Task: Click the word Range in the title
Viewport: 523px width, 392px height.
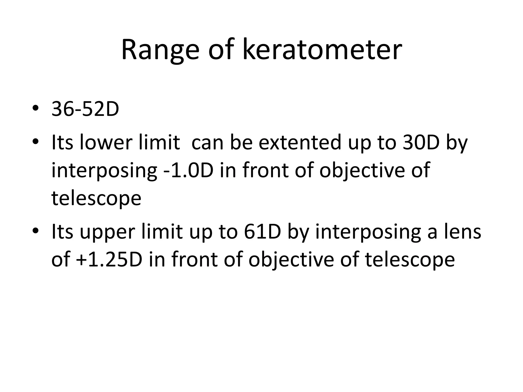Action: click(x=160, y=50)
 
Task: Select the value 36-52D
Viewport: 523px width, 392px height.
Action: click(x=85, y=109)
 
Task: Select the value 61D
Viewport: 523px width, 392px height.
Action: click(x=262, y=231)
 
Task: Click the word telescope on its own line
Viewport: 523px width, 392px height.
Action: click(x=96, y=198)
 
